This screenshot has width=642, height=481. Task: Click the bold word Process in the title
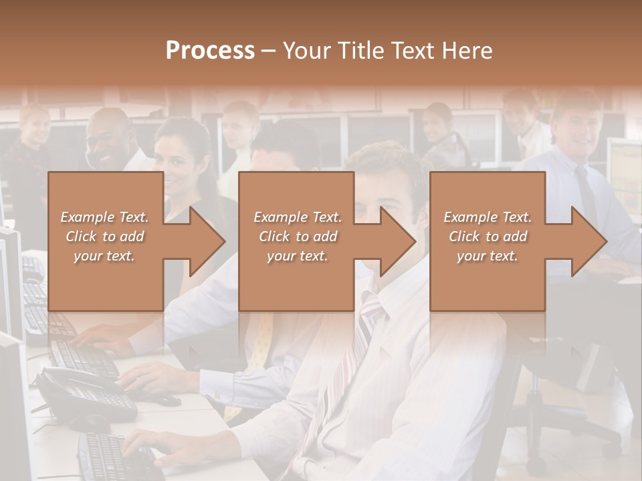click(x=210, y=51)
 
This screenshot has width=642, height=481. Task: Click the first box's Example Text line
click(x=105, y=217)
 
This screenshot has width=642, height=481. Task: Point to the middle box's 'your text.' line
click(x=298, y=257)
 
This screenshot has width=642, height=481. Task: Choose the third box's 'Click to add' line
click(x=488, y=236)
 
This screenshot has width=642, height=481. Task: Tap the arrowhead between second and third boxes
click(x=396, y=240)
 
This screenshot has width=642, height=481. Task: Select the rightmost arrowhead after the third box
click(x=586, y=240)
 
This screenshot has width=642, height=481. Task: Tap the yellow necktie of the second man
click(x=261, y=341)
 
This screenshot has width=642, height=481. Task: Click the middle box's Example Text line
click(x=298, y=217)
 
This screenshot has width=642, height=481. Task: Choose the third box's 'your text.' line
click(x=488, y=257)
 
